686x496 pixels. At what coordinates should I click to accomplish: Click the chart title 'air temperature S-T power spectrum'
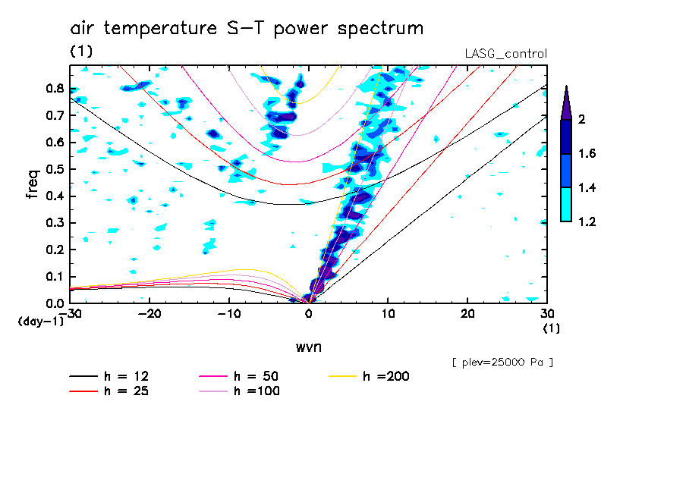(247, 29)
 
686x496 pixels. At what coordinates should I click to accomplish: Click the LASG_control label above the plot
(505, 54)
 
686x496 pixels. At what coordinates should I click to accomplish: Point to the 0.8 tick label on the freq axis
(55, 88)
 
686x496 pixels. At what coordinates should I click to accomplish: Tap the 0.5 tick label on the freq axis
(55, 169)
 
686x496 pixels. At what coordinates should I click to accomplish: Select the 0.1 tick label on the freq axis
(55, 277)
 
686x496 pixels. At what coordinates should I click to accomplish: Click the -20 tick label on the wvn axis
(149, 314)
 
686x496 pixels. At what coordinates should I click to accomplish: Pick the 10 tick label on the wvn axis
(388, 314)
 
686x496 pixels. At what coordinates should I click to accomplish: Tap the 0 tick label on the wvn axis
(308, 314)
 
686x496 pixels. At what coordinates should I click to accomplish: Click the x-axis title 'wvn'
(309, 347)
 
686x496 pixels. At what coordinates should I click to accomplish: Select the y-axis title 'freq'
(33, 184)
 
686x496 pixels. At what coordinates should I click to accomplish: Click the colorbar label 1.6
(587, 153)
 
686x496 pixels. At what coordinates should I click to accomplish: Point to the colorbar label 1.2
(587, 221)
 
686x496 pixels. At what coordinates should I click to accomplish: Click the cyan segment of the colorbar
(566, 205)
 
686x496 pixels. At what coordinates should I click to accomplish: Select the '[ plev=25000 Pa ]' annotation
(502, 363)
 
